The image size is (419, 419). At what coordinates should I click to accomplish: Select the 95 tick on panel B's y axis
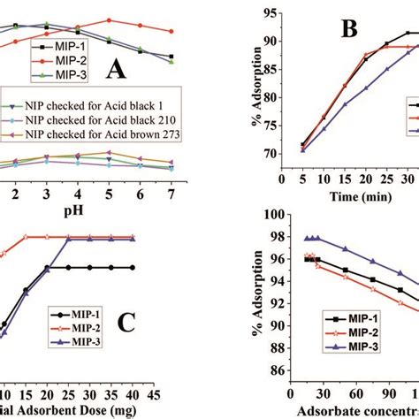pos(269,14)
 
